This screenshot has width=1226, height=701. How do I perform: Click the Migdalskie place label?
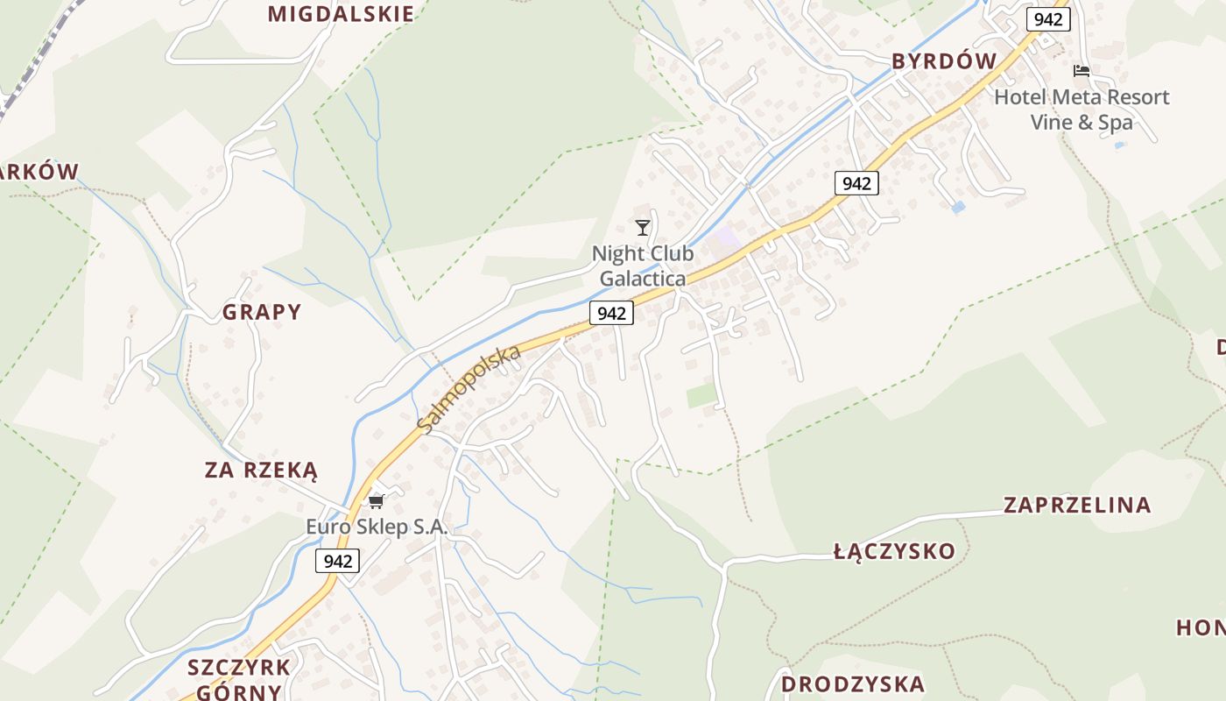pyautogui.click(x=341, y=14)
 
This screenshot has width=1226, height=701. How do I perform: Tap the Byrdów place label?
pyautogui.click(x=944, y=60)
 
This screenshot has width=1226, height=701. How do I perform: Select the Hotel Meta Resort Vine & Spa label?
pyautogui.click(x=1082, y=110)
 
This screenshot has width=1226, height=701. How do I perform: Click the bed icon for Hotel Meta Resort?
pyautogui.click(x=1082, y=71)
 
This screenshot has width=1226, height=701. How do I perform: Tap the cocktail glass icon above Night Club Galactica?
pyautogui.click(x=643, y=228)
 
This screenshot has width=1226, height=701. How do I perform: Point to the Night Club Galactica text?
pyautogui.click(x=643, y=266)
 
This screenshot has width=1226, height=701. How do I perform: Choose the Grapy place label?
pyautogui.click(x=261, y=312)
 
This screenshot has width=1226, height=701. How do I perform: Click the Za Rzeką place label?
pyautogui.click(x=261, y=471)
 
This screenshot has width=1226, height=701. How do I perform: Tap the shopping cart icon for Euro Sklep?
pyautogui.click(x=377, y=501)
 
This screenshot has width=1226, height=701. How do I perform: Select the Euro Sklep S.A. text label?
pyautogui.click(x=377, y=528)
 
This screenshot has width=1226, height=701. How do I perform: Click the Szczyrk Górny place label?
pyautogui.click(x=238, y=679)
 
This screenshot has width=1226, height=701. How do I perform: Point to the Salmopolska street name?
pyautogui.click(x=469, y=388)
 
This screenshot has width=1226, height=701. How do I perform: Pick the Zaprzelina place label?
pyautogui.click(x=1076, y=505)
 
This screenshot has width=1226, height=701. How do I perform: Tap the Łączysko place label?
pyautogui.click(x=894, y=551)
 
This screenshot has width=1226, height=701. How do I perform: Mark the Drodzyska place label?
pyautogui.click(x=852, y=683)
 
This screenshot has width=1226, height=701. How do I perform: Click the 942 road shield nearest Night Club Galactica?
pyautogui.click(x=611, y=313)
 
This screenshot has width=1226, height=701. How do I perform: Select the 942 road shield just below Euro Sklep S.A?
pyautogui.click(x=338, y=562)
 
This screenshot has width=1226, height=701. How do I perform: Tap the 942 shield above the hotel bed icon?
pyautogui.click(x=1048, y=19)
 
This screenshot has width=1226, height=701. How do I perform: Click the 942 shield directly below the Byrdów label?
pyautogui.click(x=856, y=183)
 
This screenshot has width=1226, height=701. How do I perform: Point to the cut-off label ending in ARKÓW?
pyautogui.click(x=39, y=172)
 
